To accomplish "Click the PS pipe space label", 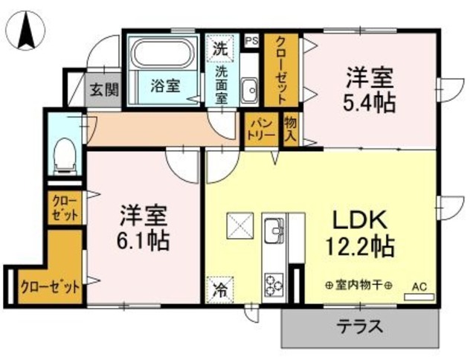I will [x=251, y=41].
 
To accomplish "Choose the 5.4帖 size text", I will [x=369, y=102].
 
